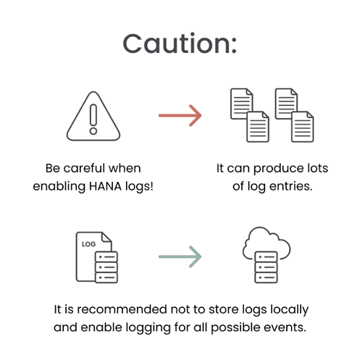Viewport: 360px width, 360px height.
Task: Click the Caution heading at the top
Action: [x=180, y=43]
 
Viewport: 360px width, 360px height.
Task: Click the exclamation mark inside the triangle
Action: [x=93, y=119]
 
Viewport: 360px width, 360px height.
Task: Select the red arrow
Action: [x=180, y=115]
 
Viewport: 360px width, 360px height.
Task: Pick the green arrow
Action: [x=180, y=256]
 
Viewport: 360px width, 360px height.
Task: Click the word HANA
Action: [x=105, y=186]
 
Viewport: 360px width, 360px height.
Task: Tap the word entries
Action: [x=290, y=186]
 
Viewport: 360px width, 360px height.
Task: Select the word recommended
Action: [x=122, y=309]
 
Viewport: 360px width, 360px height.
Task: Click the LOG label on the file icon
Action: [x=88, y=244]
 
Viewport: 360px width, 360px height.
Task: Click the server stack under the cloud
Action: [x=266, y=267]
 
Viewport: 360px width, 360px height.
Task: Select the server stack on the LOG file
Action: [x=106, y=267]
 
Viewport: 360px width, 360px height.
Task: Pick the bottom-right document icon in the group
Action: [x=303, y=127]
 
